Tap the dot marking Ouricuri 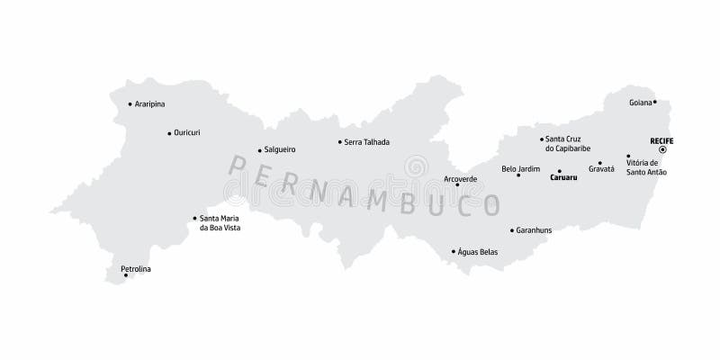169,133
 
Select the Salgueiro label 280,149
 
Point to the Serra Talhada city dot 339,141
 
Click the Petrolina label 135,269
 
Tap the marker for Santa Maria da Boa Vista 194,218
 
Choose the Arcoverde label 460,178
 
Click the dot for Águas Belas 453,252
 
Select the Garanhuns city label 534,230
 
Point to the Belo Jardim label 520,168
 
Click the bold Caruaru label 563,178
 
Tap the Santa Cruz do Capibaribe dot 542,139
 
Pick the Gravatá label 601,169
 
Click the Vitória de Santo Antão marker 627,156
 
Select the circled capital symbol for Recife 662,149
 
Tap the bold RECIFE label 661,140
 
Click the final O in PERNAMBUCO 490,205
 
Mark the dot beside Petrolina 126,275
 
